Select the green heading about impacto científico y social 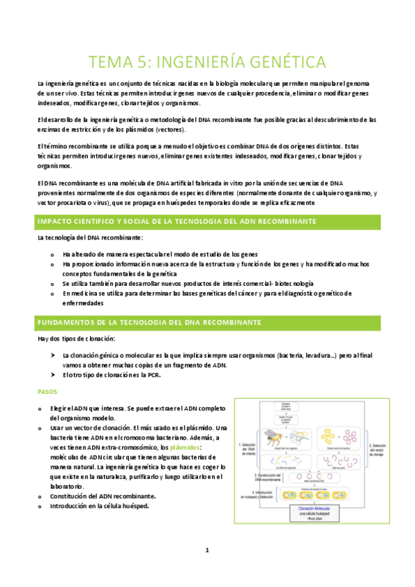pyautogui.click(x=177, y=221)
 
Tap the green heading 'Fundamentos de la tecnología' pyautogui.click(x=148, y=323)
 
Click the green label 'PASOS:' pyautogui.click(x=48, y=392)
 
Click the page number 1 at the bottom pyautogui.click(x=207, y=550)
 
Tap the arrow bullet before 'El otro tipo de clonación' pyautogui.click(x=53, y=374)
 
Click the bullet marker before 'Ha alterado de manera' pyautogui.click(x=52, y=254)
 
